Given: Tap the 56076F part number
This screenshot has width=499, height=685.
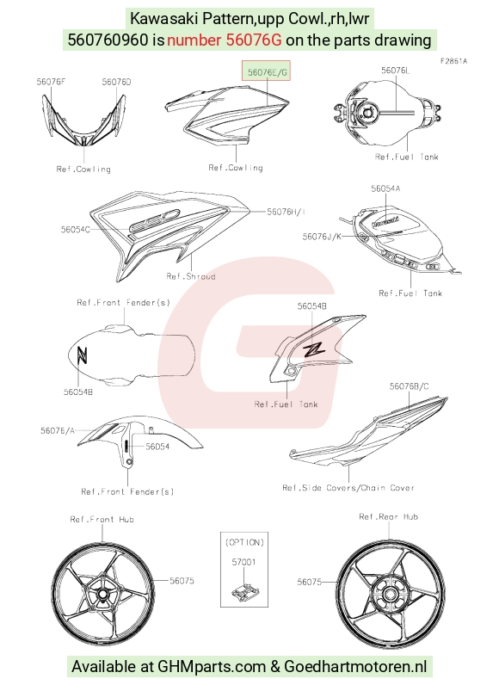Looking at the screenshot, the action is [51, 82].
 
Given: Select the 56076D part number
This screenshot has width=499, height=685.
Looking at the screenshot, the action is [116, 82].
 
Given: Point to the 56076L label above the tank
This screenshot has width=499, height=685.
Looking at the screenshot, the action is [396, 71].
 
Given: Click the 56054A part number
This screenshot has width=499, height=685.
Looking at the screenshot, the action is [386, 188].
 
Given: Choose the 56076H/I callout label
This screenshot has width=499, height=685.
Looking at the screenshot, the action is [286, 212].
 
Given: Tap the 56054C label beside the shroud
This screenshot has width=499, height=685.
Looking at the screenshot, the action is [76, 229].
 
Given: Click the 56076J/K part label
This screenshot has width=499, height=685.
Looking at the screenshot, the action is [322, 237].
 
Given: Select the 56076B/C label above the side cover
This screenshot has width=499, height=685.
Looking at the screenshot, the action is [409, 386].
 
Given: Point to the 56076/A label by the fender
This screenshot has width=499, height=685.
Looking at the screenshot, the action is [58, 431].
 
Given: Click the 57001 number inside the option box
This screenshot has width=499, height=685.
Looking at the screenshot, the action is [243, 562].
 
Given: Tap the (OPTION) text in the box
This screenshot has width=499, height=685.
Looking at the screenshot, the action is [244, 542].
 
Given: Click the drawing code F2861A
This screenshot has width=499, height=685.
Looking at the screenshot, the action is [453, 61].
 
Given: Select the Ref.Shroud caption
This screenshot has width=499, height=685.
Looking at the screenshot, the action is [191, 276].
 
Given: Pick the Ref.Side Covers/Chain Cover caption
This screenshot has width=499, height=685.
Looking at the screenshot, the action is [348, 488].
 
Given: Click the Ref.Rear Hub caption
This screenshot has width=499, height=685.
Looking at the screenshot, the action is [389, 517].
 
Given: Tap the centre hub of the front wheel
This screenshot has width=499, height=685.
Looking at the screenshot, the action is [102, 595].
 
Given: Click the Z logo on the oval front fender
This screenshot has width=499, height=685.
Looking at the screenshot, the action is [82, 355].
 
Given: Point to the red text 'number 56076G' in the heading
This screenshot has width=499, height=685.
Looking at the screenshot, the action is [224, 40].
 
